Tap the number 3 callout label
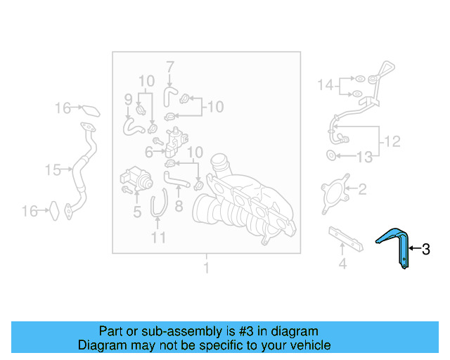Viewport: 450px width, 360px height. click(425, 248)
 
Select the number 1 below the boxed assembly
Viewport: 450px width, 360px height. click(206, 268)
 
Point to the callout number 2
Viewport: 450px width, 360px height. click(362, 188)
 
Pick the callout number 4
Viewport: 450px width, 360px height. click(342, 264)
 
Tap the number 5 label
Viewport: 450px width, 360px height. click(136, 210)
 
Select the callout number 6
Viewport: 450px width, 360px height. click(149, 151)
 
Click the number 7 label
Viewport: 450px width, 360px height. click(169, 67)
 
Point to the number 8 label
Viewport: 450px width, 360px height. click(179, 207)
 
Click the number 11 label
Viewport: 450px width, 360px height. click(159, 238)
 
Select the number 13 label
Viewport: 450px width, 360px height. click(364, 157)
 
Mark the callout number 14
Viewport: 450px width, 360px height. click(324, 85)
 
